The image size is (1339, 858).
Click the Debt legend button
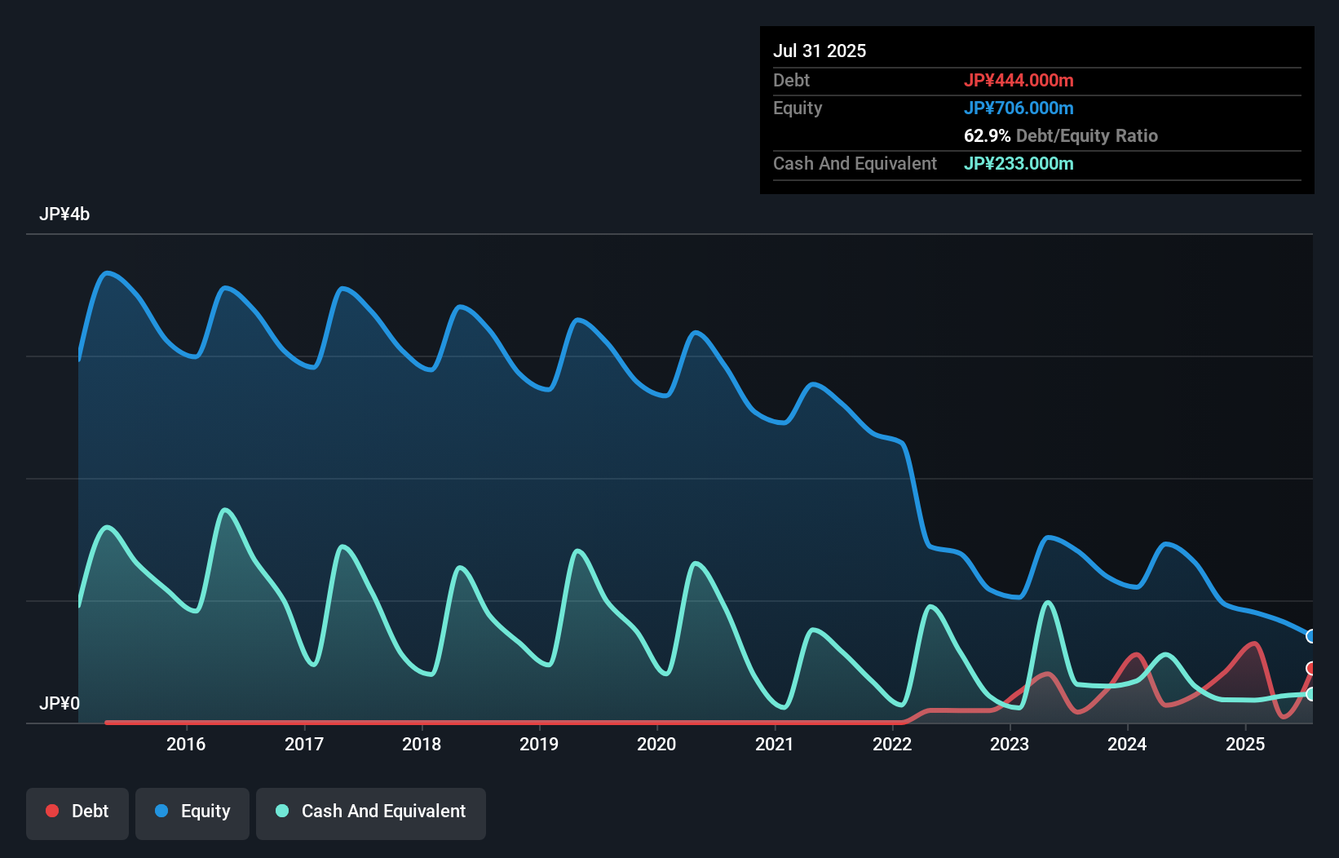[x=77, y=812]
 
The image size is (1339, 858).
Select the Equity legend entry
[x=192, y=812]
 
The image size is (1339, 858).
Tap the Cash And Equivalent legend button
[x=371, y=812]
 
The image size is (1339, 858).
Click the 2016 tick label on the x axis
[x=186, y=744]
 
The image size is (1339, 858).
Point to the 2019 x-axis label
[x=539, y=744]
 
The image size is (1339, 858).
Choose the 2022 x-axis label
[x=892, y=744]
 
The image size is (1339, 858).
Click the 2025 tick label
[x=1245, y=744]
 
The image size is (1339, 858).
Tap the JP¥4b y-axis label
[x=64, y=214]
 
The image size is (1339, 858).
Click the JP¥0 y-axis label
[x=60, y=703]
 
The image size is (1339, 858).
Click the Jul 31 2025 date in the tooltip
[x=820, y=51]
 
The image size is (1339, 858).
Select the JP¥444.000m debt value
[x=1019, y=80]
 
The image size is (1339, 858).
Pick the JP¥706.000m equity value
[x=1019, y=108]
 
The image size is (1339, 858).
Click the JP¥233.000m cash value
[x=1019, y=163]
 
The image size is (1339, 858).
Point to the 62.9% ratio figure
[x=987, y=135]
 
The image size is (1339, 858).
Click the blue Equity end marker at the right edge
[x=1310, y=636]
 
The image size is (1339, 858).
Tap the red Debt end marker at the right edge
[x=1310, y=669]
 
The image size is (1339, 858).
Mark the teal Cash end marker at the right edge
[x=1310, y=694]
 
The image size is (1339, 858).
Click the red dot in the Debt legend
[x=52, y=811]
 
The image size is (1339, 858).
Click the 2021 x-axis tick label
[x=774, y=744]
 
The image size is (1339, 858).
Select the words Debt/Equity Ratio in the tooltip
[x=1087, y=135]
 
